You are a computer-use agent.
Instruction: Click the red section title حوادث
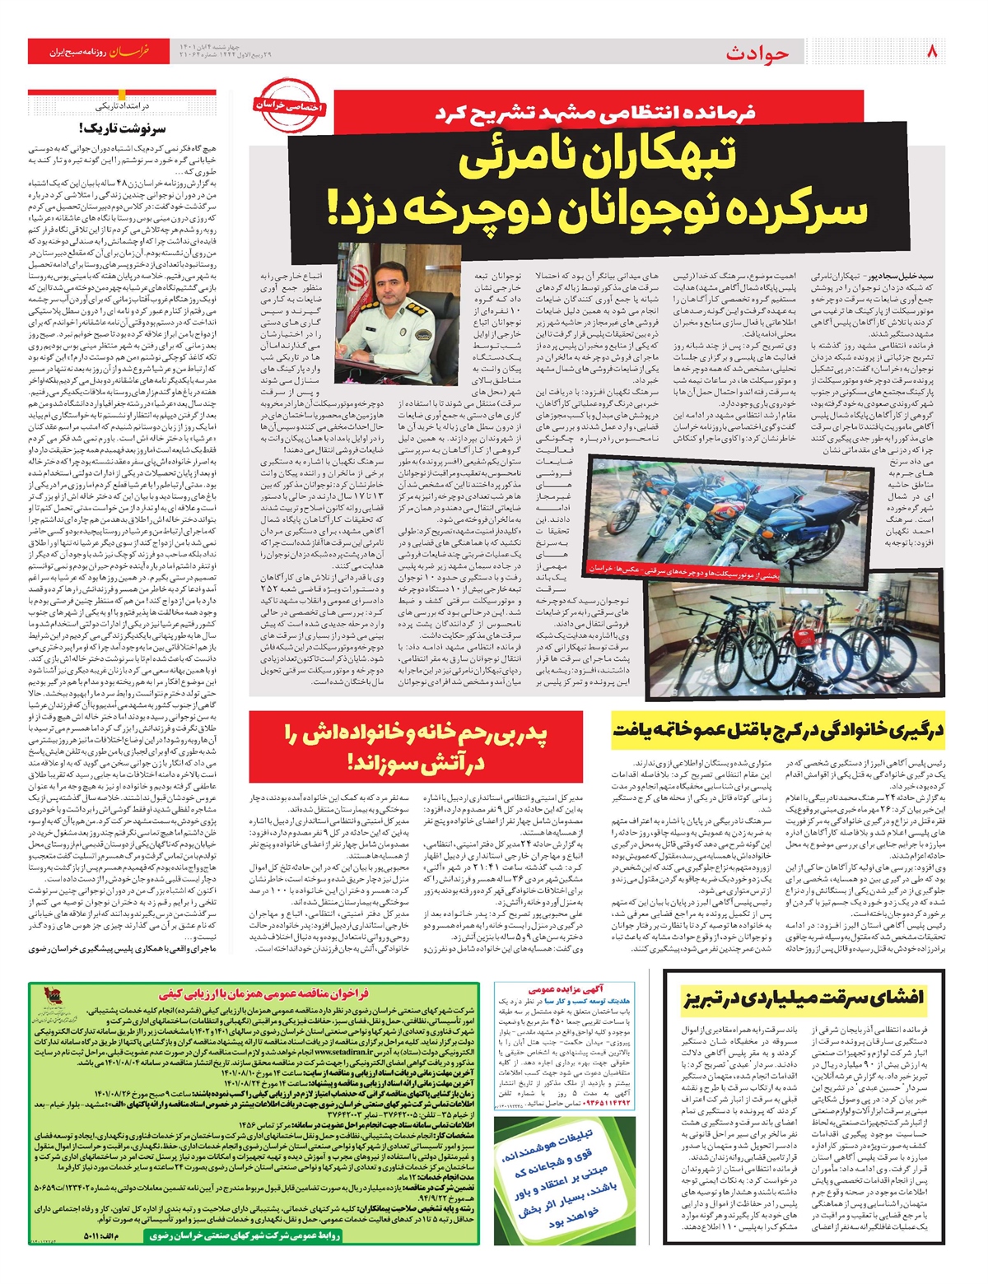(757, 53)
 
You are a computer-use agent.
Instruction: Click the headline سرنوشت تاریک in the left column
(123, 128)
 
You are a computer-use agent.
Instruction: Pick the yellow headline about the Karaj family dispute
(777, 730)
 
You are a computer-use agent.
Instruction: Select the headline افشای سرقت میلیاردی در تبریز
(803, 998)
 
